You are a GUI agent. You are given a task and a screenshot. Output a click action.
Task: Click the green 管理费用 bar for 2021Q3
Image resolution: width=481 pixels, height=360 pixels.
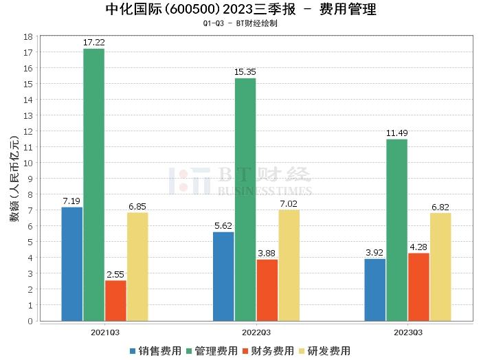93,185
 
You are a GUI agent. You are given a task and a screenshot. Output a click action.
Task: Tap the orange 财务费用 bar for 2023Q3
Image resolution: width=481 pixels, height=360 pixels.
418,287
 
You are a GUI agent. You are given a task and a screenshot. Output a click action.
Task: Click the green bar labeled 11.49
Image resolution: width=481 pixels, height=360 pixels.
396,230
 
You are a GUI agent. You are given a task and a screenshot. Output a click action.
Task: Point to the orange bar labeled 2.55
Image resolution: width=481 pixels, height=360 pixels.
115,300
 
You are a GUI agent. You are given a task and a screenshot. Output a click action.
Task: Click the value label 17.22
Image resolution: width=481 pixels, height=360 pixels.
93,43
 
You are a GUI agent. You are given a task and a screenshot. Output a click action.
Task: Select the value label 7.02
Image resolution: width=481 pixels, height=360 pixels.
289,203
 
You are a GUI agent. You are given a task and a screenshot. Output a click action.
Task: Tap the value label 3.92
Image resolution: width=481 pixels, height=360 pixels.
374,252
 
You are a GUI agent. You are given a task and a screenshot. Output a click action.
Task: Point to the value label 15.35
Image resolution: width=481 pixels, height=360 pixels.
245,72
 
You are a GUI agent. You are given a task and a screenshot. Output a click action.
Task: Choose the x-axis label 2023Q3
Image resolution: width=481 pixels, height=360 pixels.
407,332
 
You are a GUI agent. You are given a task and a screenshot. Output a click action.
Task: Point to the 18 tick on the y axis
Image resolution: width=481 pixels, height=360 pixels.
28,36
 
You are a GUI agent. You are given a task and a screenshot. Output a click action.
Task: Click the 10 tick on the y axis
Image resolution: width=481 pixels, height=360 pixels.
28,163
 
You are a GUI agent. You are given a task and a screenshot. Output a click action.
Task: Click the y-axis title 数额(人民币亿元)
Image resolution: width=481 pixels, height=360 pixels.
14,179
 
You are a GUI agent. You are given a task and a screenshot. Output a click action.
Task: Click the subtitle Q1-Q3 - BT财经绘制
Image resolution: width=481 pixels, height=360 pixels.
240,23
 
